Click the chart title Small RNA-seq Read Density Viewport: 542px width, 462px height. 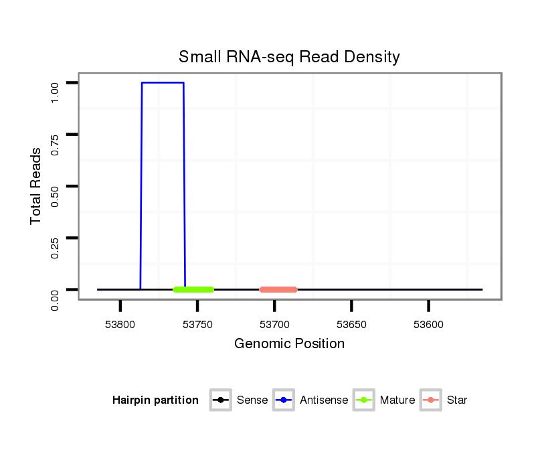(289, 57)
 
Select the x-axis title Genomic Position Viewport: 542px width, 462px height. (289, 344)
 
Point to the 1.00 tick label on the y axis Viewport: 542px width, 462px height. (56, 92)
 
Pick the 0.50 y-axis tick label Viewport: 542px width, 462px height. (56, 196)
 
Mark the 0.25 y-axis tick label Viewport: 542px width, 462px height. (56, 247)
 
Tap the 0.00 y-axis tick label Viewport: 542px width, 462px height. (56, 299)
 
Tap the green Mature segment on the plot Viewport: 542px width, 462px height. (193, 290)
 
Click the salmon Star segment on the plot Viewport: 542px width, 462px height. (278, 290)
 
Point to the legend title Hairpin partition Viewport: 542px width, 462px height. (155, 400)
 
